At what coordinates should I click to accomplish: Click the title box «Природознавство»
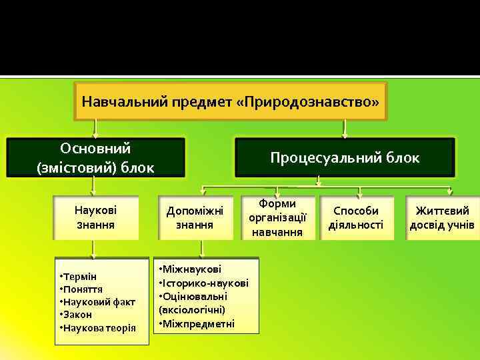(230, 101)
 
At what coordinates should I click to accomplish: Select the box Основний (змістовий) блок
(95, 158)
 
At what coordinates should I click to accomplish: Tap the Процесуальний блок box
(345, 158)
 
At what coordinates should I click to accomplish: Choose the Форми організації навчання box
(277, 217)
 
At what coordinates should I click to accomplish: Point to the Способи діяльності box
(356, 217)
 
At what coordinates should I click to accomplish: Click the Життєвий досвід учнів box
(442, 217)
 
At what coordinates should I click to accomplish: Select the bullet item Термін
(79, 276)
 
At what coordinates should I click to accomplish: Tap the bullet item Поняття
(82, 289)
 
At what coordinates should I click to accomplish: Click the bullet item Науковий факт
(98, 302)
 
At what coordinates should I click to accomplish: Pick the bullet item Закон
(77, 315)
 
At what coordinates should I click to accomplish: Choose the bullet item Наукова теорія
(98, 327)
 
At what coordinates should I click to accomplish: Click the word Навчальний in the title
(113, 102)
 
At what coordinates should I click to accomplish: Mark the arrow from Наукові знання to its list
(93, 249)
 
